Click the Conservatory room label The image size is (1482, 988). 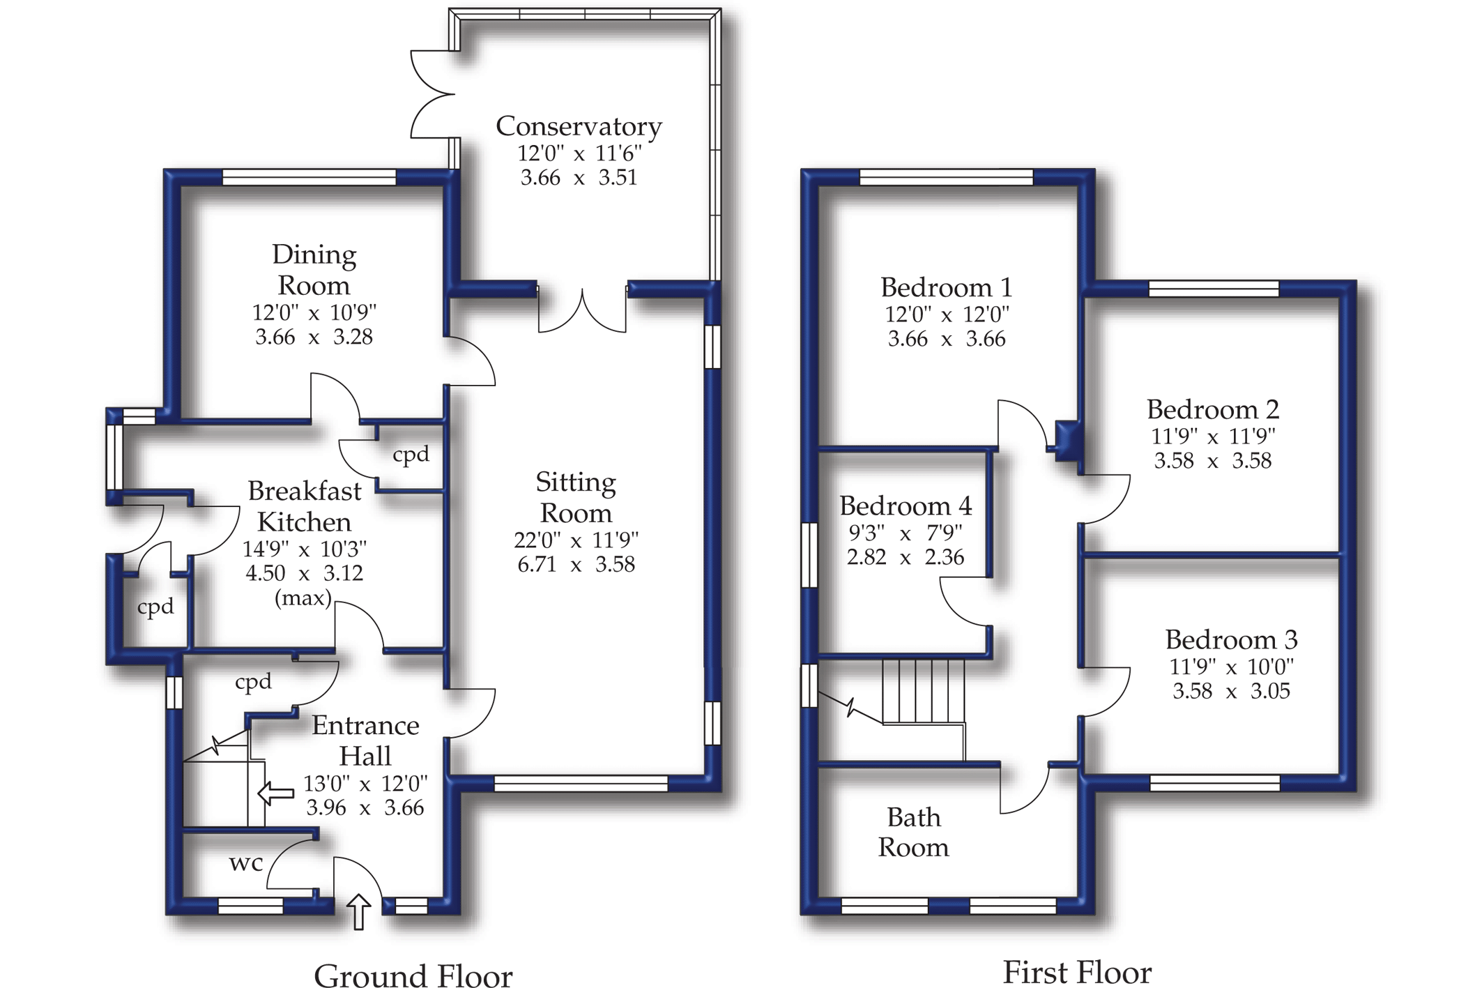click(579, 126)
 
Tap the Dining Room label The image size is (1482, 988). click(314, 270)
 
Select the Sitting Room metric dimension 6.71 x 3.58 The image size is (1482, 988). click(576, 564)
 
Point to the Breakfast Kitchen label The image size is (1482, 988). click(305, 506)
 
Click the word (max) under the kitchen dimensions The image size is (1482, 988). click(303, 598)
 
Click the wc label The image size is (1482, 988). click(246, 863)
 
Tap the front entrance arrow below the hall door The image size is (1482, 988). click(358, 911)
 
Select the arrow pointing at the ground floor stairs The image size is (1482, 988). click(276, 793)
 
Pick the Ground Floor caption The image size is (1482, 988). click(413, 975)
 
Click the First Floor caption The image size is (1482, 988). click(1076, 971)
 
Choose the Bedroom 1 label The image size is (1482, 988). click(946, 287)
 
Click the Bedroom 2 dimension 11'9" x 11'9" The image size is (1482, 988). click(1213, 436)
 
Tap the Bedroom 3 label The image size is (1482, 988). click(1231, 639)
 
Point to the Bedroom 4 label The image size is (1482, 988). click(905, 506)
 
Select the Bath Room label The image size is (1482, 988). click(913, 832)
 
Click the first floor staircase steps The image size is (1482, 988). click(924, 691)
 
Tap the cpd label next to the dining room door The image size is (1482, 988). click(411, 455)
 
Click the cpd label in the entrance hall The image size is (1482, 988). click(253, 681)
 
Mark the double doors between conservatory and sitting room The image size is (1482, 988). click(582, 310)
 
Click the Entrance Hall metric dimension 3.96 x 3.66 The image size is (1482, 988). click(365, 807)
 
